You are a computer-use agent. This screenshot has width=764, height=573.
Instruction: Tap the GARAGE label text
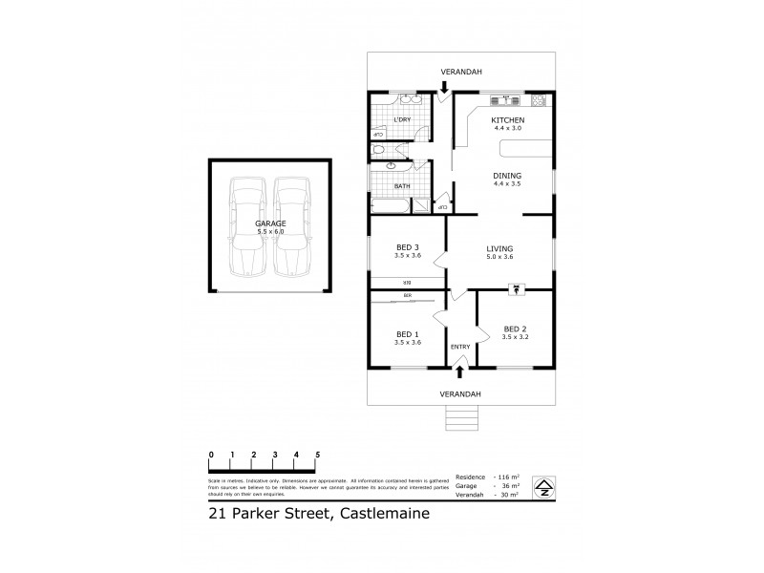(270, 223)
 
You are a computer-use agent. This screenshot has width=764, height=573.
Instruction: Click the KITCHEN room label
(507, 119)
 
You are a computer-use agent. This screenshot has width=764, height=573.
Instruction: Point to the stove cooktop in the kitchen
(538, 99)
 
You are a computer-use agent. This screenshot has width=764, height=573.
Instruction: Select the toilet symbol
(378, 150)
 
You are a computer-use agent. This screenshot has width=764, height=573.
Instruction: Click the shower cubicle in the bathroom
(421, 203)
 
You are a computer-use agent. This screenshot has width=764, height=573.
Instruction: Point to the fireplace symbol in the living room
(517, 285)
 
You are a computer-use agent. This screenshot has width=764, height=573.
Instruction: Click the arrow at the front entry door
(461, 371)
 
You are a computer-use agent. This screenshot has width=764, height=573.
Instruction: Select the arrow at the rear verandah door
(444, 87)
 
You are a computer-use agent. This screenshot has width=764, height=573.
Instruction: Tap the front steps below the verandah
(461, 417)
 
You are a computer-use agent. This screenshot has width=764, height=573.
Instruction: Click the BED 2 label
(515, 327)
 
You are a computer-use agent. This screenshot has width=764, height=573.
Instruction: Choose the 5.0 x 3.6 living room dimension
(500, 257)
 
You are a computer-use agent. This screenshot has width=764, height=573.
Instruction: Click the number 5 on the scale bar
(317, 454)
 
